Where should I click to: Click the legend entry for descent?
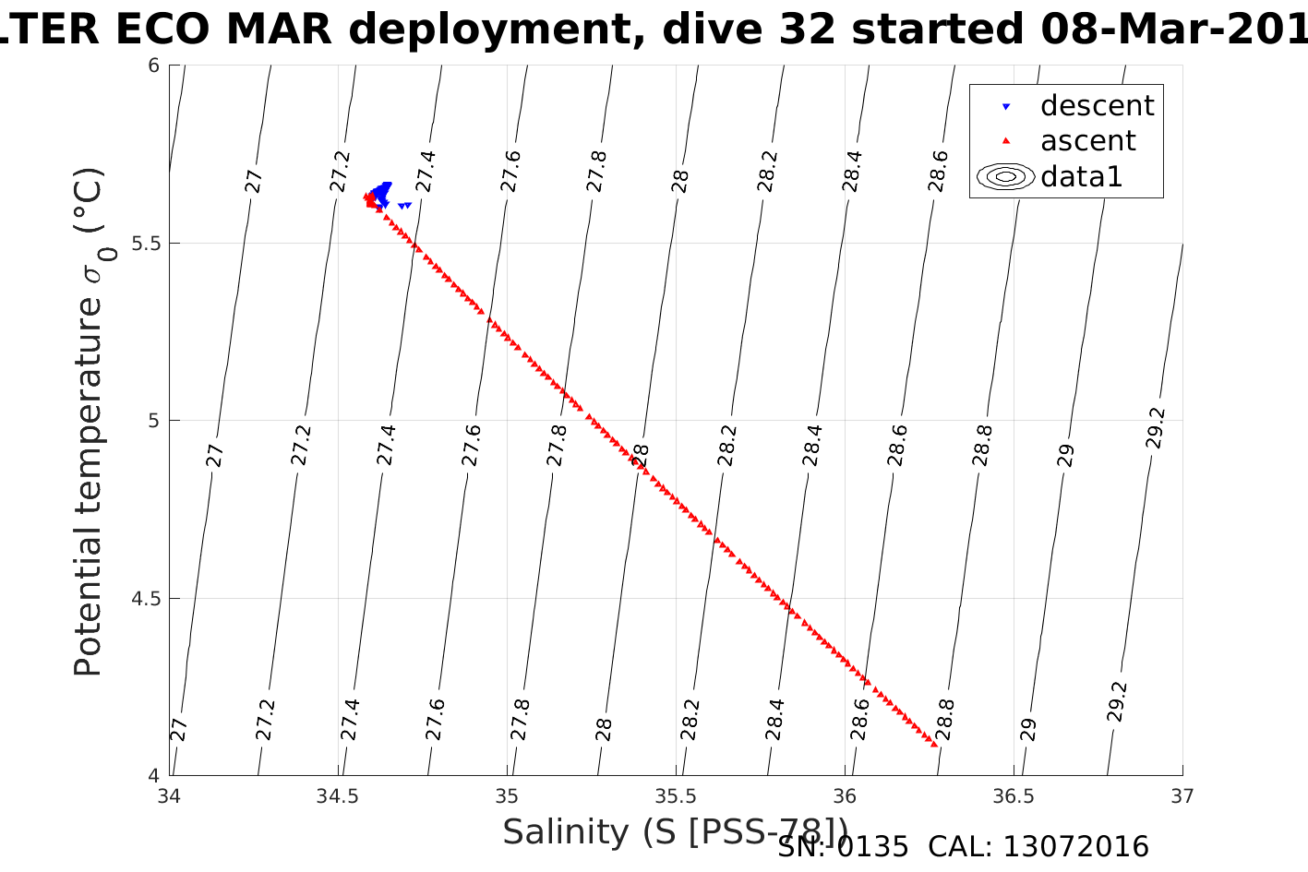point(1097,106)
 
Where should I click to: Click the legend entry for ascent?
point(1087,141)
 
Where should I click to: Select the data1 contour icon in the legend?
point(1005,176)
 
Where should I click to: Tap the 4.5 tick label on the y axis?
point(146,599)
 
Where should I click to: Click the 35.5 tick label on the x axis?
point(677,795)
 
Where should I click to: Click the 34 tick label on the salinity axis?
point(169,795)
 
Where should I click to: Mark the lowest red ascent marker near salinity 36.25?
point(934,744)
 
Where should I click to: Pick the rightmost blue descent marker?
point(408,206)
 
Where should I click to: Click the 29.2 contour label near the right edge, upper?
point(1156,428)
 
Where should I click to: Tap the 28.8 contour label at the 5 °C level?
point(982,445)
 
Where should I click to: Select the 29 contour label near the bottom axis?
point(1028,729)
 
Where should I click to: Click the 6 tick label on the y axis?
point(154,66)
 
